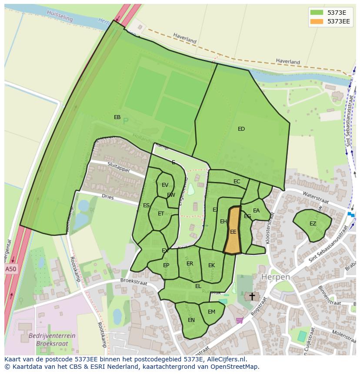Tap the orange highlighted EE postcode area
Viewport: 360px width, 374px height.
point(233,232)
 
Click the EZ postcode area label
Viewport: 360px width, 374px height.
point(313,223)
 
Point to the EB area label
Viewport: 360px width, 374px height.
point(117,117)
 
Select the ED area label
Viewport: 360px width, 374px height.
point(241,129)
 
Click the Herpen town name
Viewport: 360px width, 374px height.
point(275,277)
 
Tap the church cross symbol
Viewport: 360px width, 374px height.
point(252,296)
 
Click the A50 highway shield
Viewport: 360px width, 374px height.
point(11,269)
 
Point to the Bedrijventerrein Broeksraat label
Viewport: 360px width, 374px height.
point(52,339)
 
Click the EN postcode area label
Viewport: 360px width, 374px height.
point(191,320)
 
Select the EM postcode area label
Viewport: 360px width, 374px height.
point(211,311)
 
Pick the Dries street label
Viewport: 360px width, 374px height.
point(107,197)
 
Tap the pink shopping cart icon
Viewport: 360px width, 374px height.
point(239,320)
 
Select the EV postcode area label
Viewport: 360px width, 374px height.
point(165,185)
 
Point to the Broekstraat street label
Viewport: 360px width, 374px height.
point(134,282)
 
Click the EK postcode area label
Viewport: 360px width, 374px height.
point(211,265)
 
